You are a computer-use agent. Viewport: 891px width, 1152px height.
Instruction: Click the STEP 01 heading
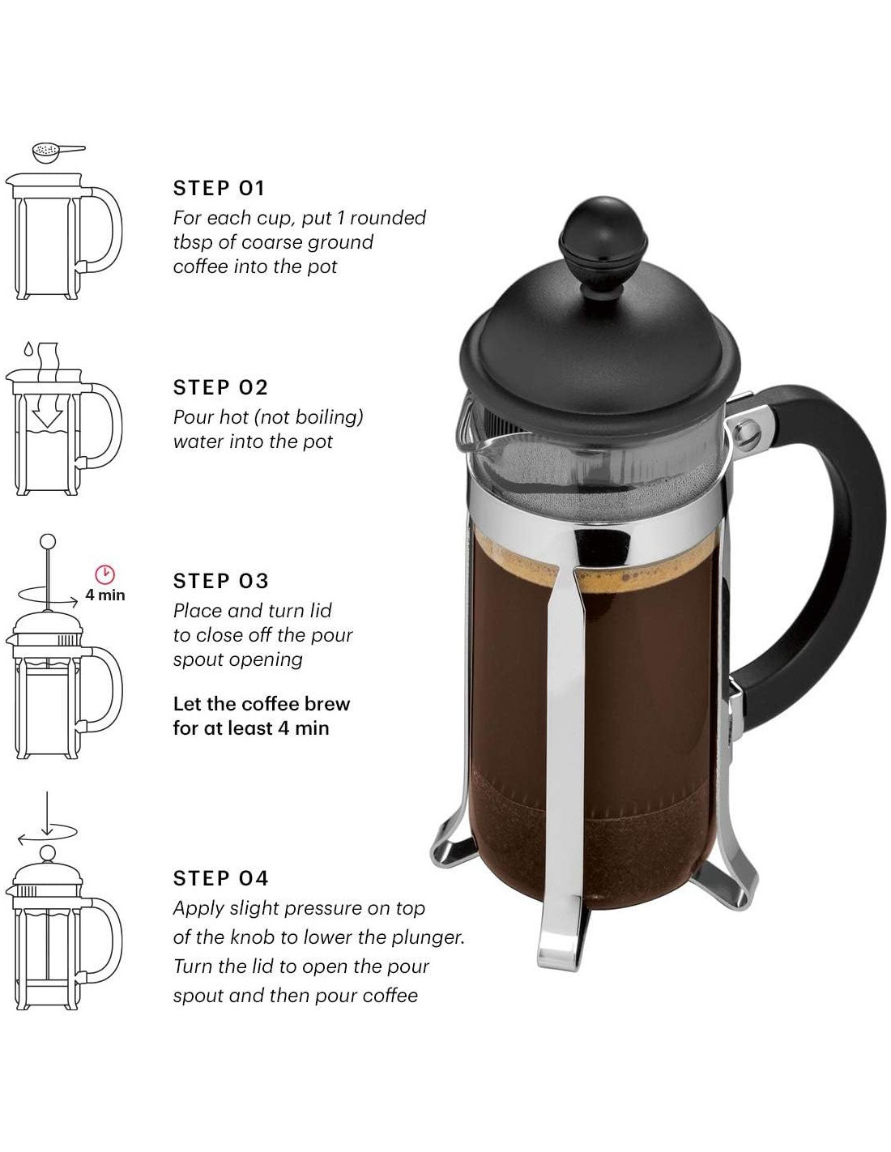219,188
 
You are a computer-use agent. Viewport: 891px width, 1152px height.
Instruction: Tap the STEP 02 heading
220,387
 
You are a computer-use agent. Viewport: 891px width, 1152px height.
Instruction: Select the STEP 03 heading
220,581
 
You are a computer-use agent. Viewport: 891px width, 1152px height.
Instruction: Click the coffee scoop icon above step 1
58,151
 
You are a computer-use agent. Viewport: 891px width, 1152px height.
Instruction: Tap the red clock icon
105,574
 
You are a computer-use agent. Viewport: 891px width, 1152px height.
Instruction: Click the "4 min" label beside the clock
105,595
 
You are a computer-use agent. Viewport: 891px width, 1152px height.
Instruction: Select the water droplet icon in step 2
28,349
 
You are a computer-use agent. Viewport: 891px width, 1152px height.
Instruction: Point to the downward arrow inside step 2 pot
48,411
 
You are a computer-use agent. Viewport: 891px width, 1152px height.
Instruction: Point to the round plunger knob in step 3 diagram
48,541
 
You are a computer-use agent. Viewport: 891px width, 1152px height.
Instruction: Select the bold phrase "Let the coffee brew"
262,704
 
